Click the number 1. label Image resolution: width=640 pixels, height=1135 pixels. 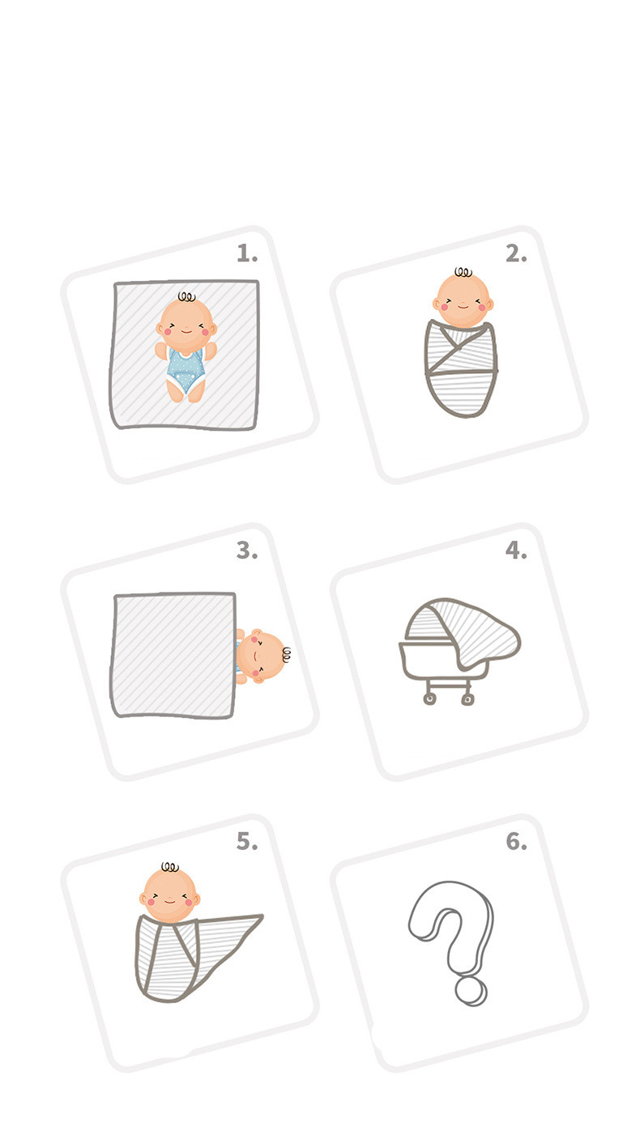tap(247, 253)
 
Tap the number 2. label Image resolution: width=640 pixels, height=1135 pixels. tap(516, 253)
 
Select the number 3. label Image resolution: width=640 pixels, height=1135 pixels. tap(247, 550)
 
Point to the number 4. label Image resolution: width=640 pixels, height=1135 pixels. tap(516, 550)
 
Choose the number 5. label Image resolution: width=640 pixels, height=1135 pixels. tap(247, 841)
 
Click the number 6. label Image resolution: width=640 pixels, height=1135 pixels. tap(516, 841)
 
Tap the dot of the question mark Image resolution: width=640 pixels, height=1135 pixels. tap(471, 992)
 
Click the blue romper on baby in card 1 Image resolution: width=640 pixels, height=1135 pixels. tap(186, 369)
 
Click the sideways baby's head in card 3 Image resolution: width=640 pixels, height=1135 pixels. tap(260, 656)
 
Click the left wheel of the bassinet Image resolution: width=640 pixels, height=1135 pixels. tap(429, 699)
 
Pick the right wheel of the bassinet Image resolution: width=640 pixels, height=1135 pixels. tap(467, 699)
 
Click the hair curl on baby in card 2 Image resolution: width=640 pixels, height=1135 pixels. tap(463, 272)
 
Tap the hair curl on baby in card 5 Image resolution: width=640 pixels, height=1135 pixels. tap(170, 867)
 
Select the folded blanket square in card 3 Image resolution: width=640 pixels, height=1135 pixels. tap(173, 655)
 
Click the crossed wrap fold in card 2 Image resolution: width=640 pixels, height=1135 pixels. tap(460, 350)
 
